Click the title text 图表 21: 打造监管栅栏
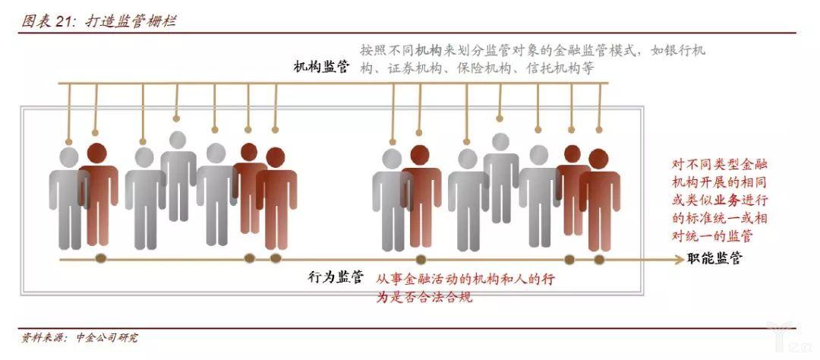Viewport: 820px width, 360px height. click(x=99, y=21)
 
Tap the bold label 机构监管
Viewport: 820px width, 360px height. click(x=321, y=67)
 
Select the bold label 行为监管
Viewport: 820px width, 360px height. click(x=336, y=277)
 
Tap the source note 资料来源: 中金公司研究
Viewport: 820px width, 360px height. click(x=80, y=337)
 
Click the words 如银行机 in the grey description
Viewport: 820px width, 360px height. click(x=678, y=51)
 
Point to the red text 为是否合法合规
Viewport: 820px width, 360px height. click(x=424, y=297)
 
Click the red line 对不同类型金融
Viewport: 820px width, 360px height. click(x=720, y=164)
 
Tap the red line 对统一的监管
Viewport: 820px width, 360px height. click(x=712, y=236)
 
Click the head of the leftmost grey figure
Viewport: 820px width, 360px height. click(x=68, y=157)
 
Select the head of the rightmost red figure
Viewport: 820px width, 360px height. click(x=598, y=159)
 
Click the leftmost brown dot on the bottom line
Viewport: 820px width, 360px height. click(x=101, y=258)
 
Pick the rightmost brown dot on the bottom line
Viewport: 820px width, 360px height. click(x=599, y=259)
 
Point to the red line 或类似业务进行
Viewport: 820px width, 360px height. click(x=720, y=201)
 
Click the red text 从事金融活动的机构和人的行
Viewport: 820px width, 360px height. click(x=465, y=279)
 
